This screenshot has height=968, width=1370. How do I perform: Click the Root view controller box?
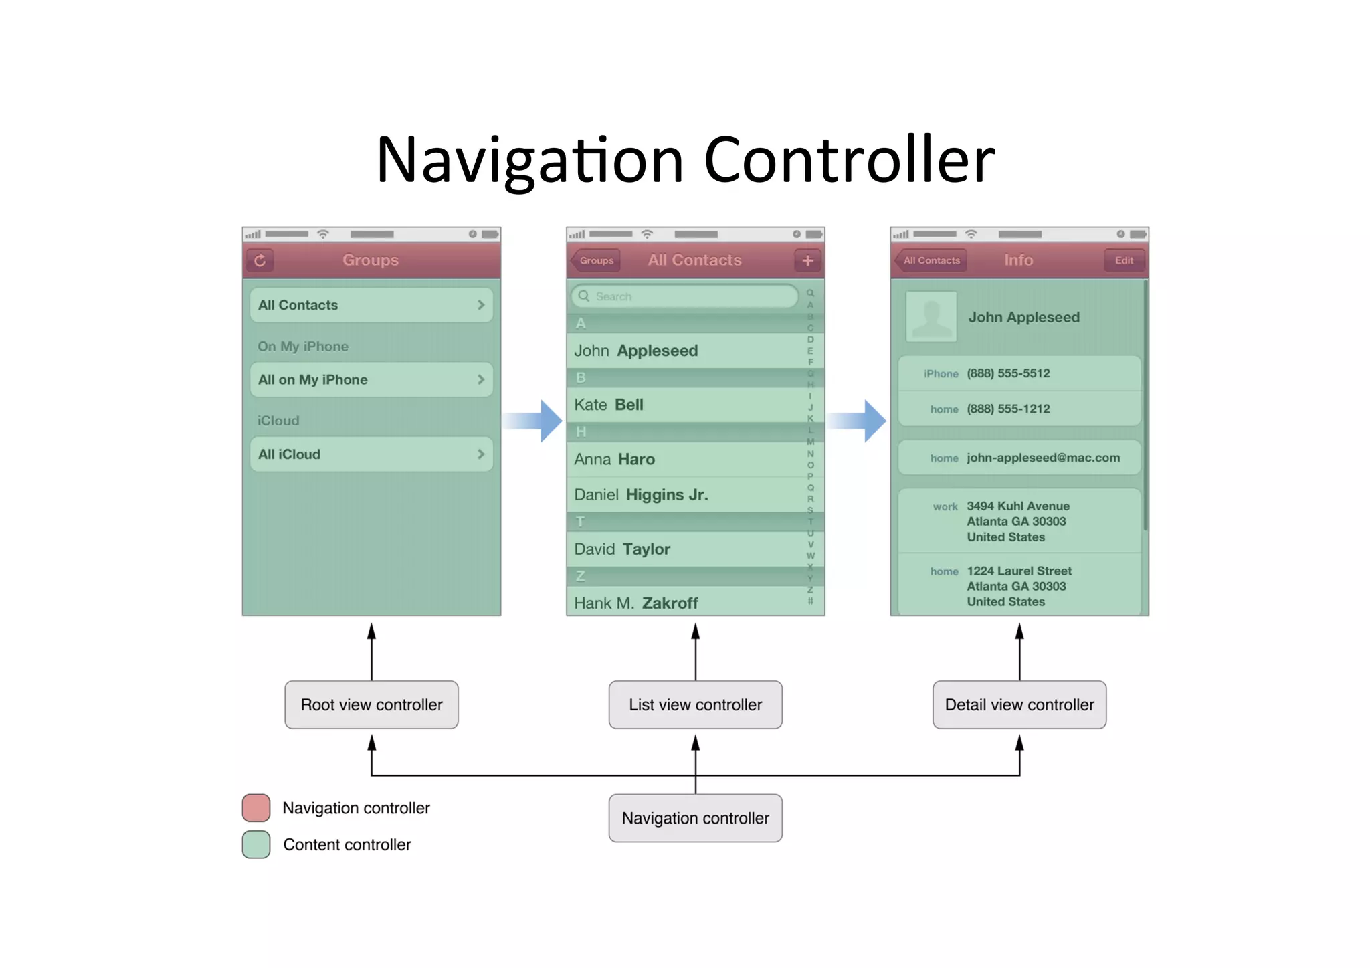coord(371,704)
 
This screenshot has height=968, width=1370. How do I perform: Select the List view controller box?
coord(695,704)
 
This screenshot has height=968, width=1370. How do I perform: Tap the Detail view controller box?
coord(1019,704)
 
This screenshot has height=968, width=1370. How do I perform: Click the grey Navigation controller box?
coord(695,817)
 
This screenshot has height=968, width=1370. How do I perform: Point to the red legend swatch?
coord(256,807)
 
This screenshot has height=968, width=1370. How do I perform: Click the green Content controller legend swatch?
coord(256,844)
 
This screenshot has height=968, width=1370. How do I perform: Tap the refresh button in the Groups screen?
coord(260,260)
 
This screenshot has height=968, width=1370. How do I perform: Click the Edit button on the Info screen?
coord(1124,260)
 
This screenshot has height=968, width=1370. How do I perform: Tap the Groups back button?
coord(595,260)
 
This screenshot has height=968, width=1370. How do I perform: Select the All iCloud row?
coord(371,454)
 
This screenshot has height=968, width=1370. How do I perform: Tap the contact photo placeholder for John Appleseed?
coord(931,317)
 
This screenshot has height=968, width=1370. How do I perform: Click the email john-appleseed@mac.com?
coord(1042,458)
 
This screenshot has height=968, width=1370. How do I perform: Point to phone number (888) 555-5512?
coord(1008,373)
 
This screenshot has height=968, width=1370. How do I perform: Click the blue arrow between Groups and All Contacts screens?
coord(535,421)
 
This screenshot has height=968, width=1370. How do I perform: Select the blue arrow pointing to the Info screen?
coord(859,421)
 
